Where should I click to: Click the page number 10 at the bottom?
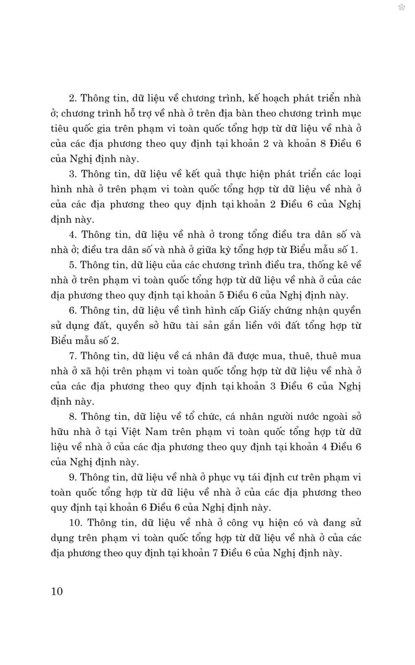57,591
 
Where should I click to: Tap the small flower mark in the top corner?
402,7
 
